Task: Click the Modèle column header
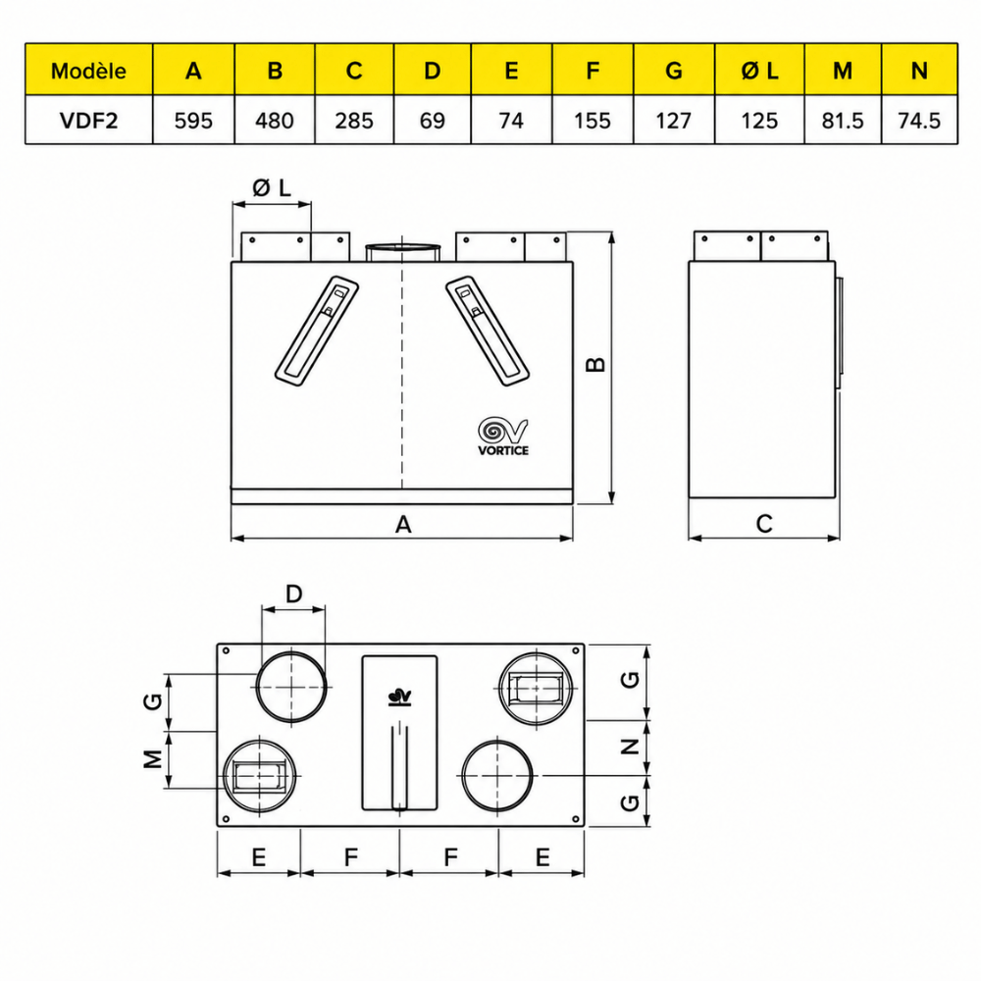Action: (x=88, y=71)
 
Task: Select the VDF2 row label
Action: (x=88, y=120)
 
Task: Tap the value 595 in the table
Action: (x=193, y=120)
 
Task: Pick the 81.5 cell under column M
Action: (x=842, y=120)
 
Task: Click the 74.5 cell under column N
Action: (x=918, y=120)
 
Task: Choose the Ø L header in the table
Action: (x=759, y=71)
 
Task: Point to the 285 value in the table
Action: (x=353, y=120)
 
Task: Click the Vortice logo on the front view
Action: (x=503, y=437)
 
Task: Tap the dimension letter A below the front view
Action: (x=403, y=524)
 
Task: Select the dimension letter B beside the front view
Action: (x=596, y=364)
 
